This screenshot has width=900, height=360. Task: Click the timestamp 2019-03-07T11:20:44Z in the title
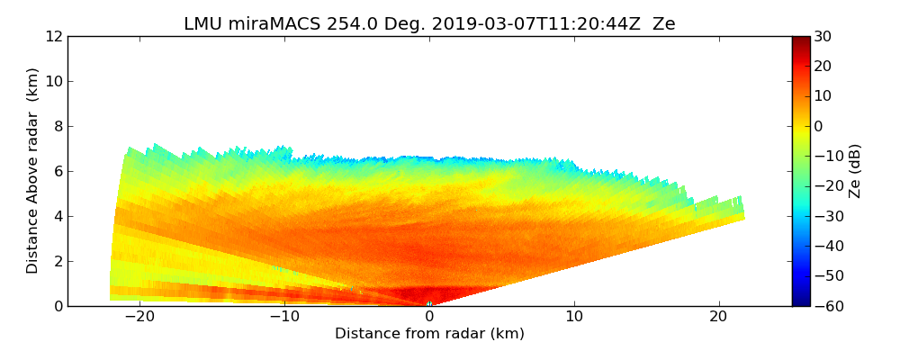[x=516, y=24]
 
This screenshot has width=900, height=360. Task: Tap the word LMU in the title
[x=201, y=24]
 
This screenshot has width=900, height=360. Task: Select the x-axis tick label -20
[x=139, y=317]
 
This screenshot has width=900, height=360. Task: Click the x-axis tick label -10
[x=284, y=317]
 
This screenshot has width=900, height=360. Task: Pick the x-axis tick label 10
[x=574, y=317]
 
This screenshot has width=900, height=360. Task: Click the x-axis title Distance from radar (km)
[x=429, y=334]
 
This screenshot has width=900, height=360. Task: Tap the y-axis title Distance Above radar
[x=33, y=171]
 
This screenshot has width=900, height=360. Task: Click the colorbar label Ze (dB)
[x=855, y=171]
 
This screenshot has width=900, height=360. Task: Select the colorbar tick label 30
[x=822, y=37]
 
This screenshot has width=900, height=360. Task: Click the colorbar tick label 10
[x=822, y=96]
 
